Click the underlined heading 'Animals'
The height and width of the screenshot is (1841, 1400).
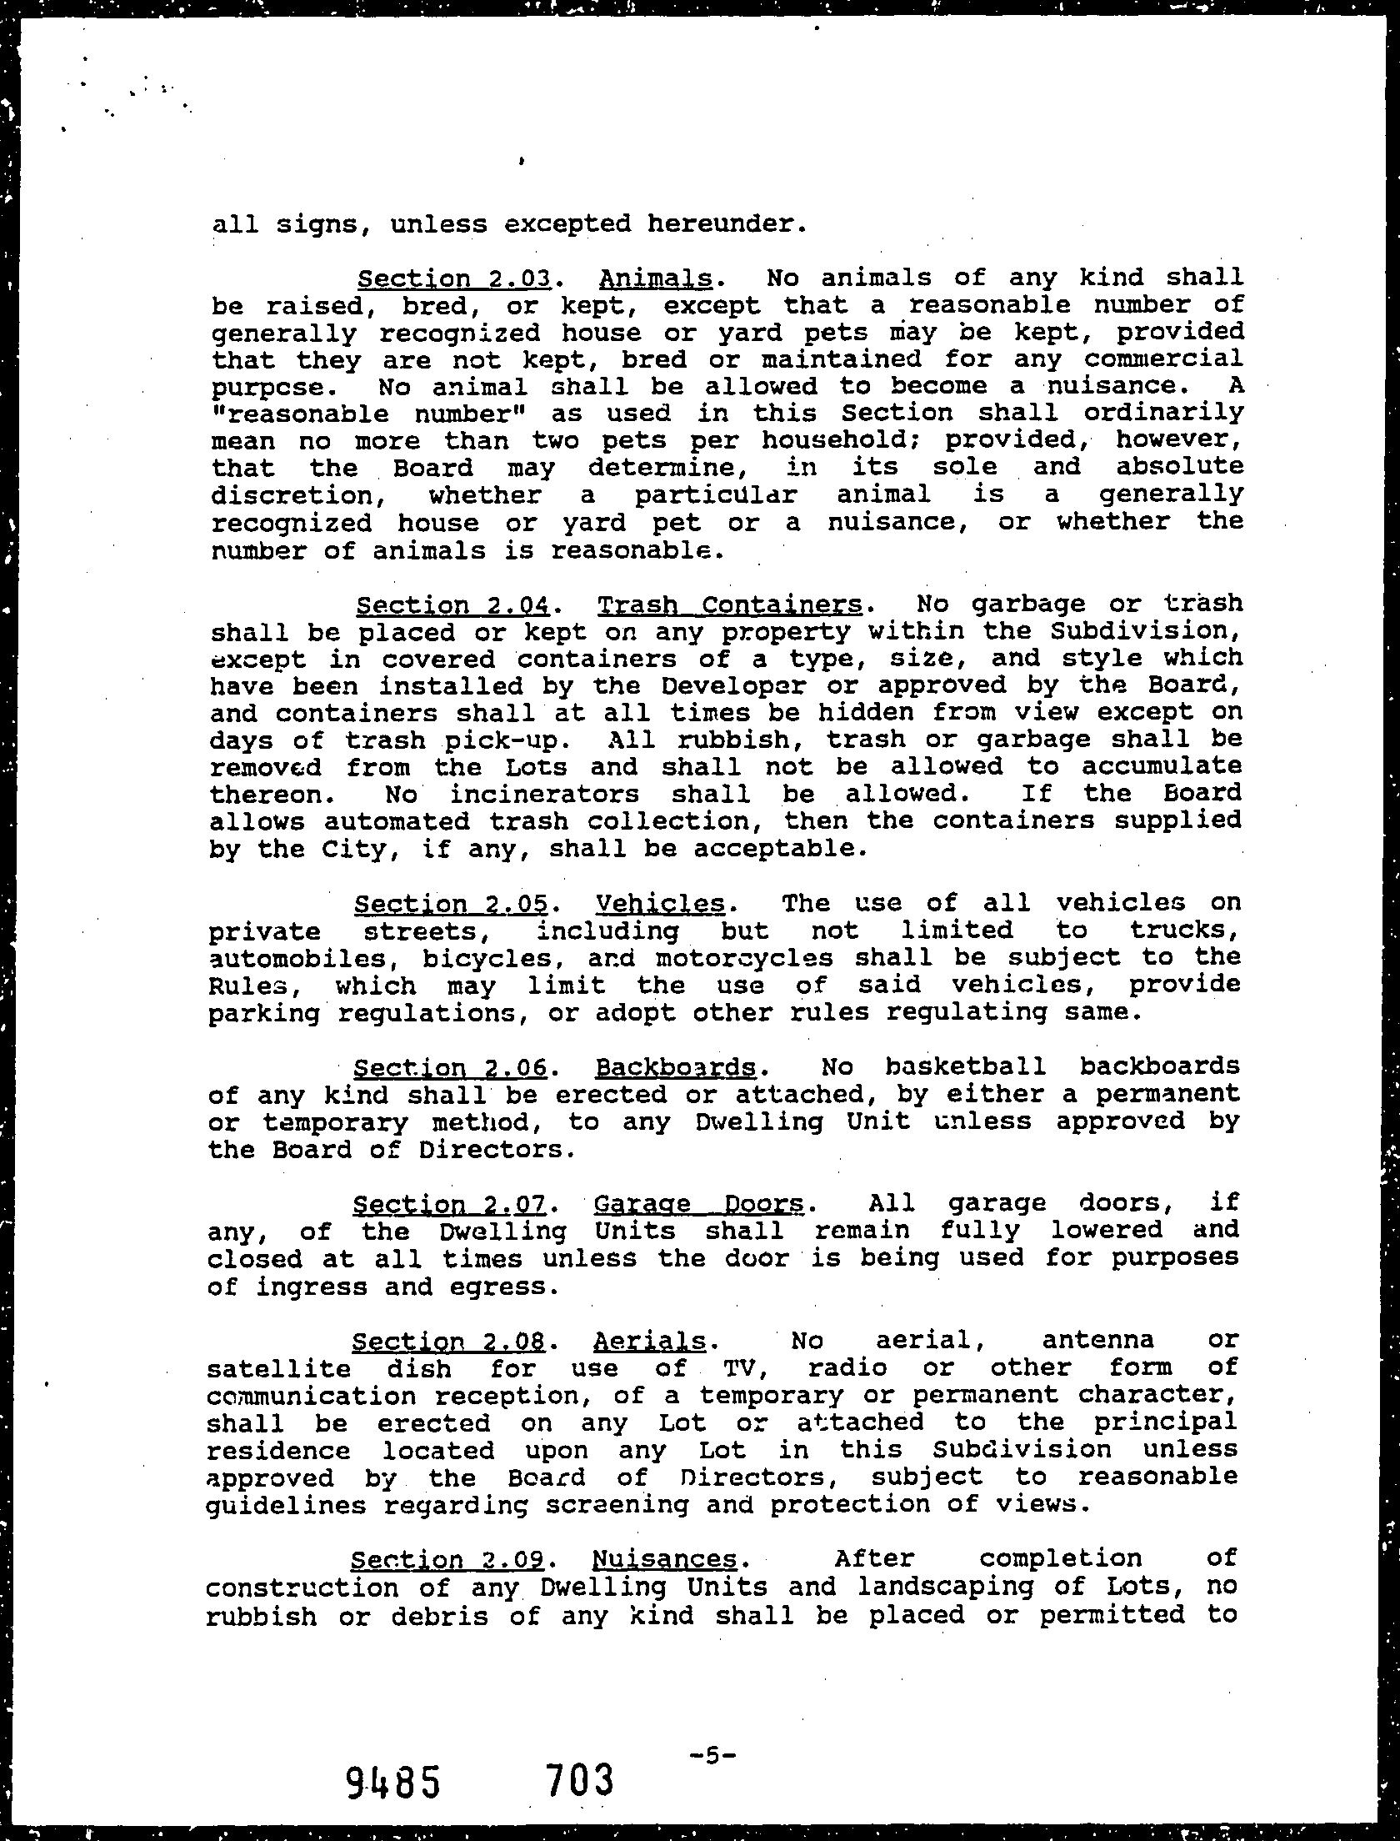click(x=655, y=278)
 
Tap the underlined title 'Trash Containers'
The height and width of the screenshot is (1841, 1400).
click(x=730, y=604)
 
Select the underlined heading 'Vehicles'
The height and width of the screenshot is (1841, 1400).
click(x=660, y=904)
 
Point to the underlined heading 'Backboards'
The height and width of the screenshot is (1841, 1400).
click(x=676, y=1067)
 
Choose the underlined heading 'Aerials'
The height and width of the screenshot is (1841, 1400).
click(x=649, y=1341)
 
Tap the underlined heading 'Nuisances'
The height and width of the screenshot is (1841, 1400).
click(x=664, y=1559)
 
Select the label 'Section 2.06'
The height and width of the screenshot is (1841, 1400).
click(x=450, y=1067)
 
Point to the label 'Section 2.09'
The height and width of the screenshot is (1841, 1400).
click(x=448, y=1559)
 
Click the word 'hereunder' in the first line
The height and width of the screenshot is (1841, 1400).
click(x=715, y=224)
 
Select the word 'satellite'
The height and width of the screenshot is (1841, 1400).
click(x=278, y=1368)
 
